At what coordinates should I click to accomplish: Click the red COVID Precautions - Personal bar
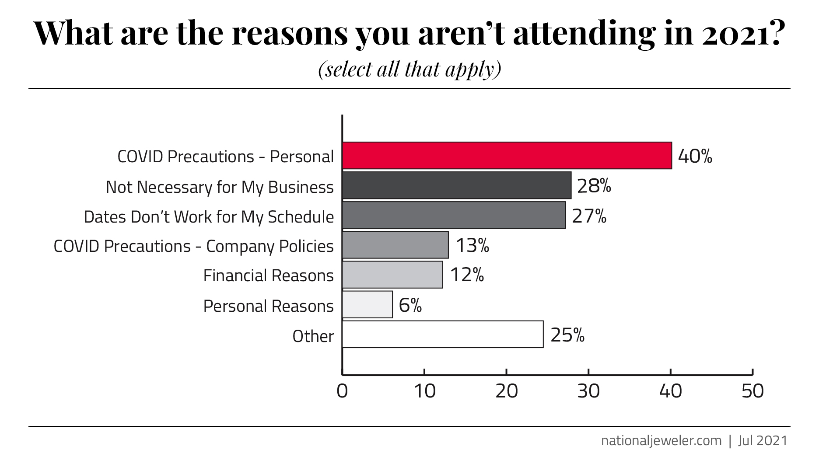pyautogui.click(x=507, y=155)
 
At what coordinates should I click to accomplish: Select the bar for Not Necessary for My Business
pyautogui.click(x=456, y=185)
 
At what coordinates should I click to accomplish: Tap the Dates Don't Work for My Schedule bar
pyautogui.click(x=454, y=215)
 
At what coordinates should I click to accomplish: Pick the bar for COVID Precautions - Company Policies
pyautogui.click(x=395, y=245)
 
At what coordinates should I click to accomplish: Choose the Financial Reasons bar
pyautogui.click(x=392, y=275)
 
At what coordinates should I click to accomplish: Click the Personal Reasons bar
pyautogui.click(x=367, y=304)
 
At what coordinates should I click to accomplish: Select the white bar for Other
pyautogui.click(x=442, y=335)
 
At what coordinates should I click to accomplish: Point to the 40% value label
pyautogui.click(x=695, y=156)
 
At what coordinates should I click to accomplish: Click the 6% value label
pyautogui.click(x=410, y=305)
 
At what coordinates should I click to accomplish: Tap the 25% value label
pyautogui.click(x=567, y=335)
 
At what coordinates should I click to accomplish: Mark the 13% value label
pyautogui.click(x=472, y=246)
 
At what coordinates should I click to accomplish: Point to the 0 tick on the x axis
pyautogui.click(x=342, y=391)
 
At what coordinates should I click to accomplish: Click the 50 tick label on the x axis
pyautogui.click(x=752, y=391)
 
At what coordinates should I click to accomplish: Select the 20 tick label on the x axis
pyautogui.click(x=506, y=391)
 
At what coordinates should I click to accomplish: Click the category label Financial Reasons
pyautogui.click(x=268, y=275)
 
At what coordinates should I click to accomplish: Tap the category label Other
pyautogui.click(x=313, y=336)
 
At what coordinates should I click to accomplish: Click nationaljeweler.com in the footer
pyautogui.click(x=661, y=440)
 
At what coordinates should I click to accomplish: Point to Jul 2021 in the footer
pyautogui.click(x=763, y=440)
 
